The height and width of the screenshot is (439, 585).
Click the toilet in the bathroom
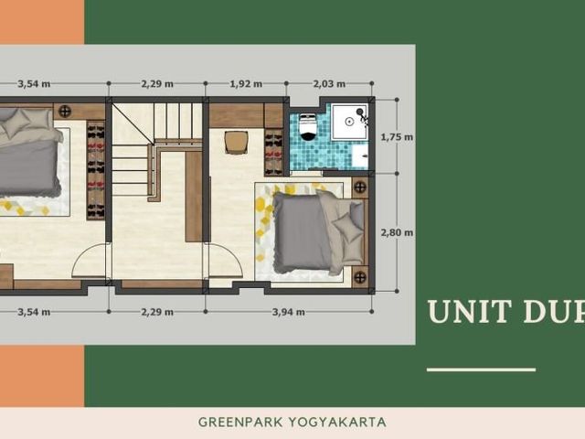pyautogui.click(x=308, y=128)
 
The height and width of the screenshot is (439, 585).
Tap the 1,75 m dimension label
pyautogui.click(x=397, y=137)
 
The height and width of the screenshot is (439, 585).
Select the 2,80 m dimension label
pyautogui.click(x=397, y=232)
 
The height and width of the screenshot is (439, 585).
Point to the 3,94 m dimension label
pyautogui.click(x=289, y=312)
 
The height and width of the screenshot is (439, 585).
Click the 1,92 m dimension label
pyautogui.click(x=246, y=84)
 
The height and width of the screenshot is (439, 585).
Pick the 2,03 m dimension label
pyautogui.click(x=329, y=84)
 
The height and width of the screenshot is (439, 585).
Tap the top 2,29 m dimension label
pyautogui.click(x=157, y=84)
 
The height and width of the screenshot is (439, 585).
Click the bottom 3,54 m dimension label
pyautogui.click(x=34, y=312)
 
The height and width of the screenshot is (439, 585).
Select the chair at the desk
pyautogui.click(x=236, y=143)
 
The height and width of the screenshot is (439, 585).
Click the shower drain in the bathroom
pyautogui.click(x=349, y=122)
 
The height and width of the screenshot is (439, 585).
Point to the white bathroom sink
pyautogui.click(x=360, y=155)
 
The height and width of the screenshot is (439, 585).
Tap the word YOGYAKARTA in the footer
pyautogui.click(x=337, y=423)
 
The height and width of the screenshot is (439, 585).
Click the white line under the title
pyautogui.click(x=482, y=369)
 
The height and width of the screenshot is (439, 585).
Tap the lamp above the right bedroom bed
pyautogui.click(x=359, y=187)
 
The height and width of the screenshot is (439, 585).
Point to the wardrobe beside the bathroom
pyautogui.click(x=273, y=153)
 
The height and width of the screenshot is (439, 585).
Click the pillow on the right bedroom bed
pyautogui.click(x=347, y=227)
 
